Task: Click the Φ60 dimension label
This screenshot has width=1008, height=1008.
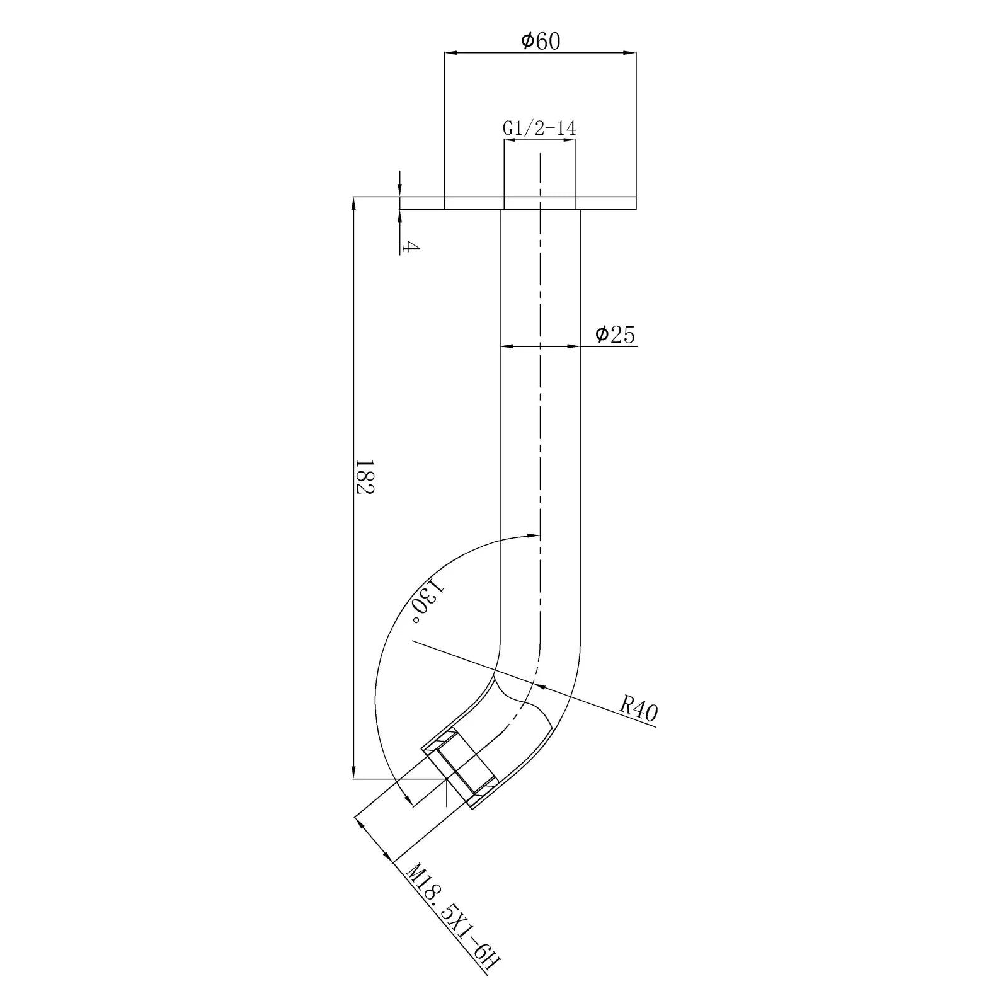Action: (541, 41)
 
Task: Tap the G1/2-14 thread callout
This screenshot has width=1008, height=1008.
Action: (539, 129)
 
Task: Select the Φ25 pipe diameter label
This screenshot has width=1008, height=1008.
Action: (616, 335)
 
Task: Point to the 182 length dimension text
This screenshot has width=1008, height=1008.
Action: (365, 476)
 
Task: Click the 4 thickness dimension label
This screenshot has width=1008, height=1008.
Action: (410, 246)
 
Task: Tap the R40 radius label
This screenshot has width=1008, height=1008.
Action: (638, 709)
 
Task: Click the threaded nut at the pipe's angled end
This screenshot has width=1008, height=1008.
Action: (461, 767)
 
